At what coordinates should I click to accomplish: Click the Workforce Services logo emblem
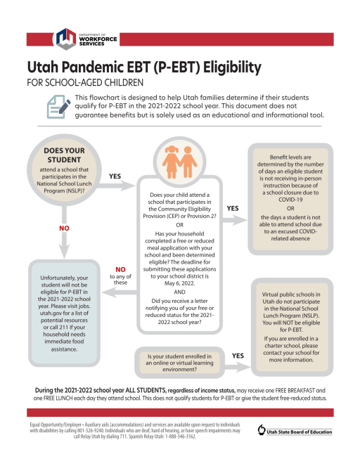(x=66, y=39)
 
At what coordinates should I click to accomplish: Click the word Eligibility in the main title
(x=232, y=67)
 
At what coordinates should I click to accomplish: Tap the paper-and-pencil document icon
(x=58, y=107)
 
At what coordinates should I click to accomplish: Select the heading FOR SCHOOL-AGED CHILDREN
(x=85, y=82)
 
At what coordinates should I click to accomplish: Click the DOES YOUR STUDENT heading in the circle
(x=64, y=155)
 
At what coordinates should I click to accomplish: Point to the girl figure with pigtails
(x=171, y=162)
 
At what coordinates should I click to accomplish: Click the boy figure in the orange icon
(x=188, y=162)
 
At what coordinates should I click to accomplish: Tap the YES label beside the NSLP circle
(x=115, y=176)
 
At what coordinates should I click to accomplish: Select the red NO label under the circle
(x=64, y=228)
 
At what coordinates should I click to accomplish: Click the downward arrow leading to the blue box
(x=64, y=232)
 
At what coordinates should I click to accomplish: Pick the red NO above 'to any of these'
(x=120, y=269)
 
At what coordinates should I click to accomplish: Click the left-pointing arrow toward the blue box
(x=120, y=292)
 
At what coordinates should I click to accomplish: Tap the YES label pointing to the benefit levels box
(x=233, y=208)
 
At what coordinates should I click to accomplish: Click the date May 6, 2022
(x=179, y=283)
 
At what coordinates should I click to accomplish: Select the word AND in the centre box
(x=179, y=292)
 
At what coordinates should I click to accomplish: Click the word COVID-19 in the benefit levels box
(x=290, y=200)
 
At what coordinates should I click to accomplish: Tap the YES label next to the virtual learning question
(x=238, y=356)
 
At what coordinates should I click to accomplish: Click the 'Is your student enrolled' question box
(x=179, y=363)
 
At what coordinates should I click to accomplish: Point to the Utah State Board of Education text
(x=299, y=432)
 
